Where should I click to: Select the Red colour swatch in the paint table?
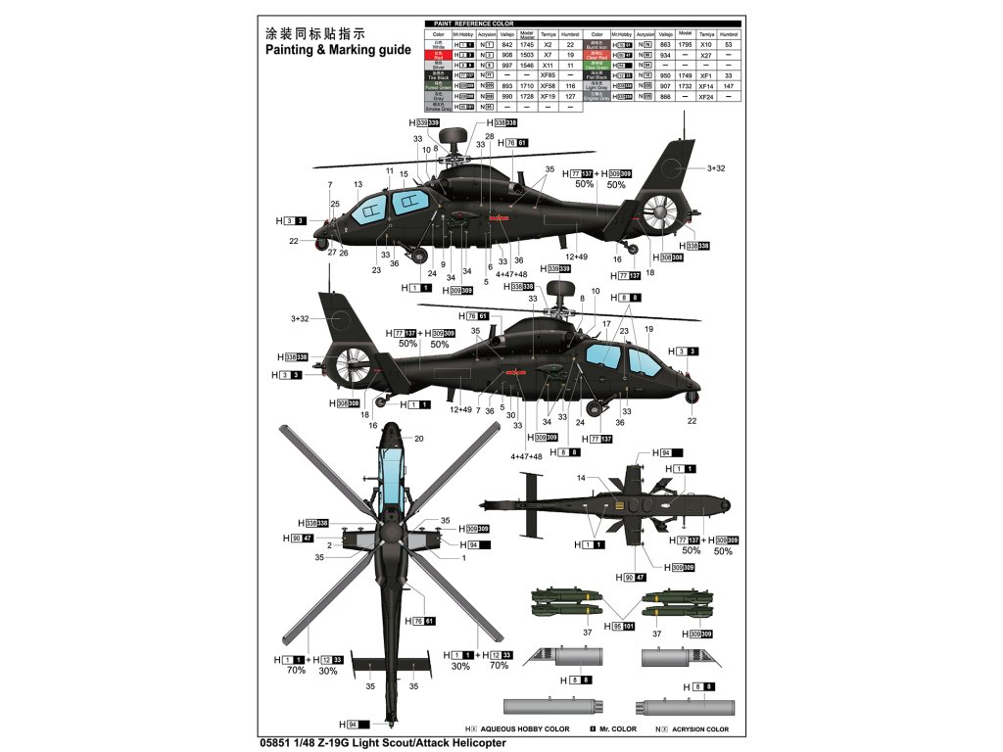pyautogui.click(x=440, y=55)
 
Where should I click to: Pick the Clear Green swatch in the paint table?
pyautogui.click(x=597, y=66)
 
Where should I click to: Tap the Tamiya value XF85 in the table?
pyautogui.click(x=548, y=75)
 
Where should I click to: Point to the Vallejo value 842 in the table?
pyautogui.click(x=506, y=45)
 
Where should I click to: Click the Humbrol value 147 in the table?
pyautogui.click(x=728, y=86)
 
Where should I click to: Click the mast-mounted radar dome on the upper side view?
pyautogui.click(x=454, y=137)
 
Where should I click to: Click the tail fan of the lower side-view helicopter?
pyautogui.click(x=352, y=366)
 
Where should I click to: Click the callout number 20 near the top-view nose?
pyautogui.click(x=419, y=438)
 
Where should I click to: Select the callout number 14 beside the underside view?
pyautogui.click(x=581, y=478)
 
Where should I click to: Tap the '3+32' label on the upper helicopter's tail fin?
pyautogui.click(x=717, y=168)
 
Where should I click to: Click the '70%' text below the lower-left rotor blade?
pyautogui.click(x=297, y=671)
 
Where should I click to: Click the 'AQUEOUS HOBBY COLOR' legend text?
pyautogui.click(x=524, y=729)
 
